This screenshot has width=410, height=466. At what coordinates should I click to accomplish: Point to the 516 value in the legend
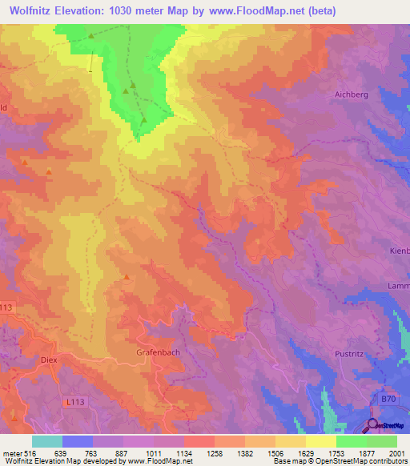tap(26, 452)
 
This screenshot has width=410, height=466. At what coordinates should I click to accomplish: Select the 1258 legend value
tap(214, 452)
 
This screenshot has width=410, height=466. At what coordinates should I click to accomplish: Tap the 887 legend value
tap(123, 452)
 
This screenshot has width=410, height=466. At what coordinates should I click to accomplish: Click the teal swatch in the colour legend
tap(46, 441)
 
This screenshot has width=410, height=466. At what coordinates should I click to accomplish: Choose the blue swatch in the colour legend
tap(77, 441)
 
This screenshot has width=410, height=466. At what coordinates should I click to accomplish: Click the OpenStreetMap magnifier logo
tap(372, 425)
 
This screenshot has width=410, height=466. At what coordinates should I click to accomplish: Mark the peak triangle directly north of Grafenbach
tap(127, 277)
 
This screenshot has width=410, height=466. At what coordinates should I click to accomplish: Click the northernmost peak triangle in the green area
tap(91, 36)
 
